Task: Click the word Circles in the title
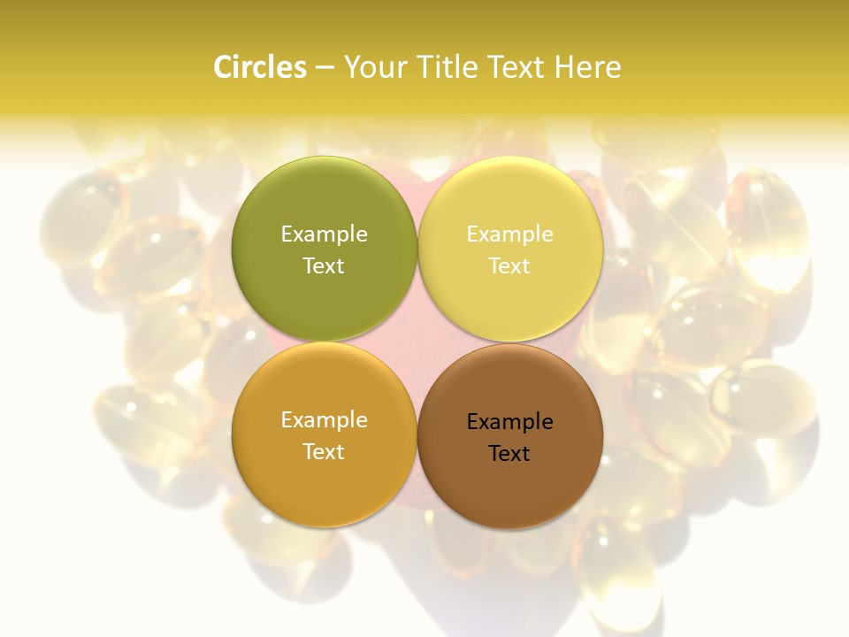point(259,67)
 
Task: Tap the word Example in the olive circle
point(324,234)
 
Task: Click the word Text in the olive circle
point(324,265)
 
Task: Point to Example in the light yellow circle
point(509,234)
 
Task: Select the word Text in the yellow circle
point(509,265)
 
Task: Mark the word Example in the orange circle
point(324,419)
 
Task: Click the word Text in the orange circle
point(324,451)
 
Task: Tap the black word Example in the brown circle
point(509,421)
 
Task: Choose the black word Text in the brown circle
point(509,453)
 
